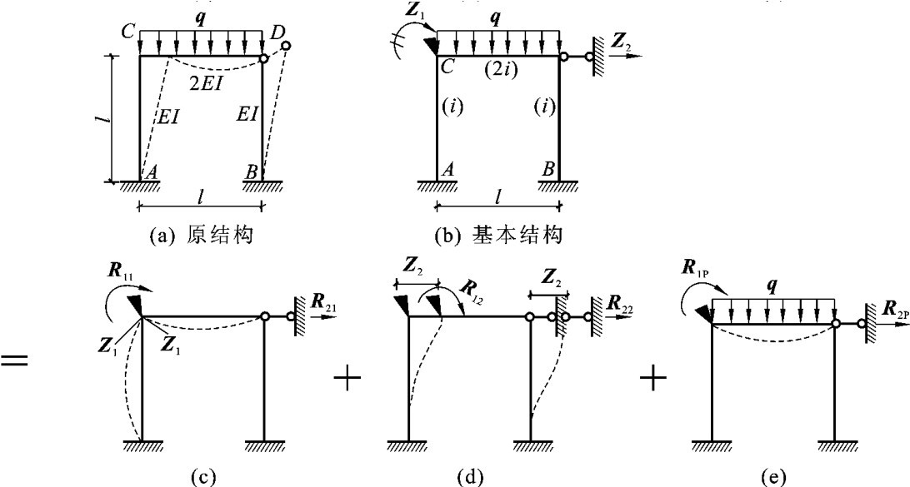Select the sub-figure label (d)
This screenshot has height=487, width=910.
(470, 476)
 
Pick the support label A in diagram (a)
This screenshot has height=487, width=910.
(152, 171)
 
